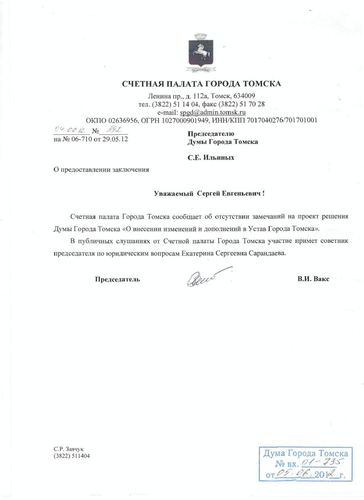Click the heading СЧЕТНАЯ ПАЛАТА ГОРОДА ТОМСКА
[201, 84]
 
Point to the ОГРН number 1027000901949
[185, 120]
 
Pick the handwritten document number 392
[112, 130]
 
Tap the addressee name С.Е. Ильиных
[210, 158]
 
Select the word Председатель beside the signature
[117, 279]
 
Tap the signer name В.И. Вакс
[313, 279]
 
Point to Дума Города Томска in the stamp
[306, 453]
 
